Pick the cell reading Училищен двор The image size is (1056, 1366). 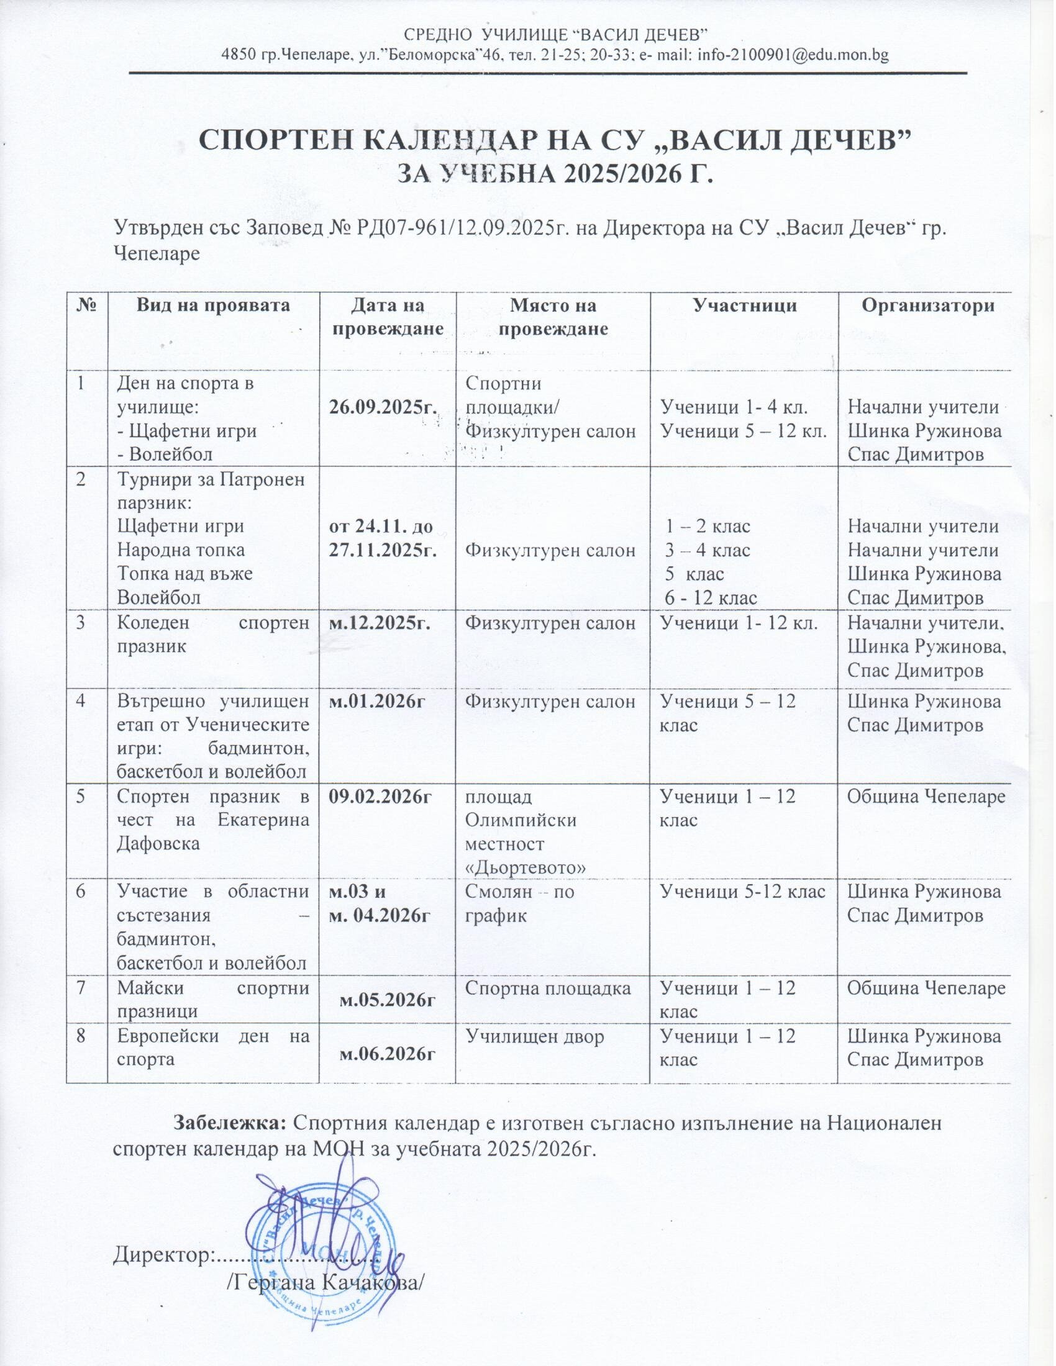535,1036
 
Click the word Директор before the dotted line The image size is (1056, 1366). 163,1254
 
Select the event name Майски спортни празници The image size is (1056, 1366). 212,1000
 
